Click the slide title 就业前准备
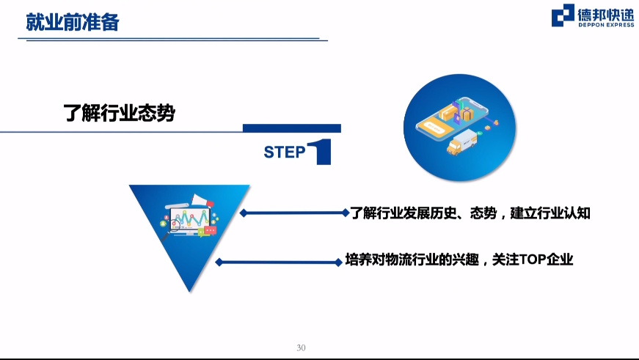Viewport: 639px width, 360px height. [x=73, y=22]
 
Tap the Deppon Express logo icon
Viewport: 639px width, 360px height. [x=563, y=15]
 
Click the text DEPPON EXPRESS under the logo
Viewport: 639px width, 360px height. [x=606, y=25]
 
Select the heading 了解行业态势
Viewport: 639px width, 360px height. [x=119, y=113]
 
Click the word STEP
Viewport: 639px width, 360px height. [x=285, y=152]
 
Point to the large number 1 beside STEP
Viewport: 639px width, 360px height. [x=320, y=152]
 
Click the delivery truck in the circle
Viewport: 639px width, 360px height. [x=461, y=142]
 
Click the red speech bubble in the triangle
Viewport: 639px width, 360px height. [x=211, y=231]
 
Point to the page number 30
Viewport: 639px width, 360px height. [x=302, y=348]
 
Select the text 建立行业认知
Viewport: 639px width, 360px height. [x=550, y=213]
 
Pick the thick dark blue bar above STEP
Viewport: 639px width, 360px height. [x=292, y=128]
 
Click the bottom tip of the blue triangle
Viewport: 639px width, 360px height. [x=189, y=292]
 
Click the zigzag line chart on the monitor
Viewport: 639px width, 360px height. [x=190, y=219]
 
